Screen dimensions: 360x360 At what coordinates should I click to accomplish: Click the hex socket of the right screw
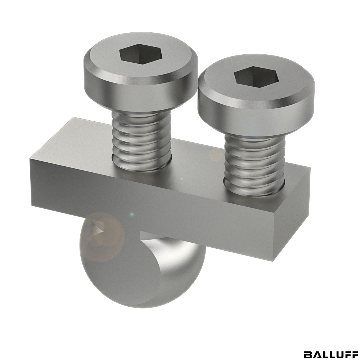tap(256, 76)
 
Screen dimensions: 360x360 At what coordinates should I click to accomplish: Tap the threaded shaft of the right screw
tap(255, 165)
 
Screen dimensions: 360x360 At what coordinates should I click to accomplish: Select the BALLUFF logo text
tap(330, 348)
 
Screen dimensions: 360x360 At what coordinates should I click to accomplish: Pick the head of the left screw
tap(140, 73)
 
